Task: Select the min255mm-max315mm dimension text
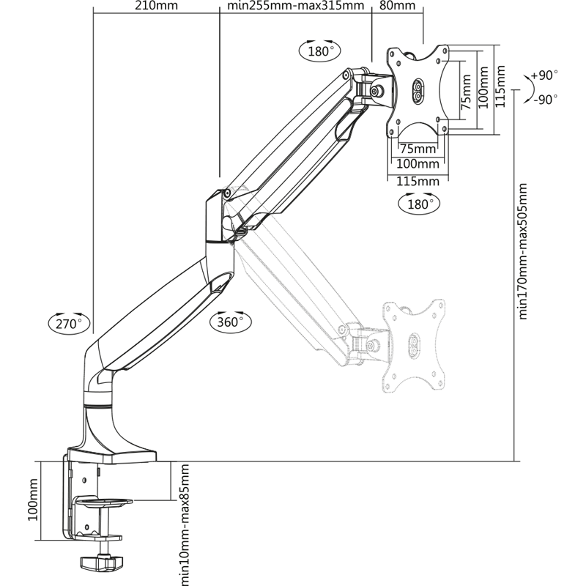click(296, 7)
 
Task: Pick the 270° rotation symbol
click(70, 322)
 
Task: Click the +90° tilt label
click(544, 75)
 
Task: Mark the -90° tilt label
click(545, 99)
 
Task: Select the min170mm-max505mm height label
click(523, 251)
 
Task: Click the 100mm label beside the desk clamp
click(32, 500)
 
